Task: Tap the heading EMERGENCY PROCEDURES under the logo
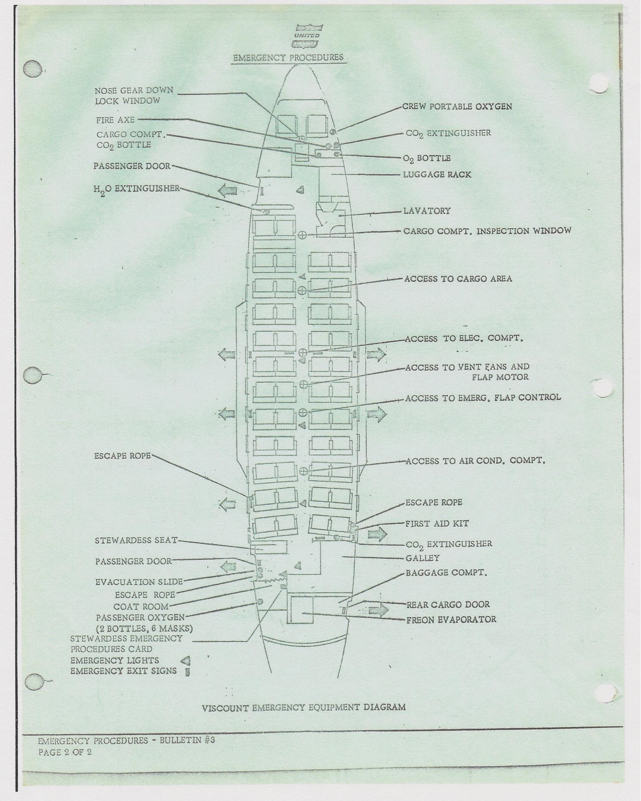288,58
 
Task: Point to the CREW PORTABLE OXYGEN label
457,106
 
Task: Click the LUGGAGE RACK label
437,175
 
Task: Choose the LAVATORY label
427,211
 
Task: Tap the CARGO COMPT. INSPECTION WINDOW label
487,231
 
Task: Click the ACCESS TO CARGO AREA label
458,279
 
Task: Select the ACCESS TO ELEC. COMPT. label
464,338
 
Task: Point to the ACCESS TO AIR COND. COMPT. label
475,461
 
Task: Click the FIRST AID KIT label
437,524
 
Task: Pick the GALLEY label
423,558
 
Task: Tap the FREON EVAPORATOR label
451,620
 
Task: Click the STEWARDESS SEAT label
136,540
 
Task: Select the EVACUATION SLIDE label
139,582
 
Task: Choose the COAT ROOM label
141,607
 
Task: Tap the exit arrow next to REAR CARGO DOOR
378,610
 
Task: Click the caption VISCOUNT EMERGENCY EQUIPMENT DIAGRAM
304,707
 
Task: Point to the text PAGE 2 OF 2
65,752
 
